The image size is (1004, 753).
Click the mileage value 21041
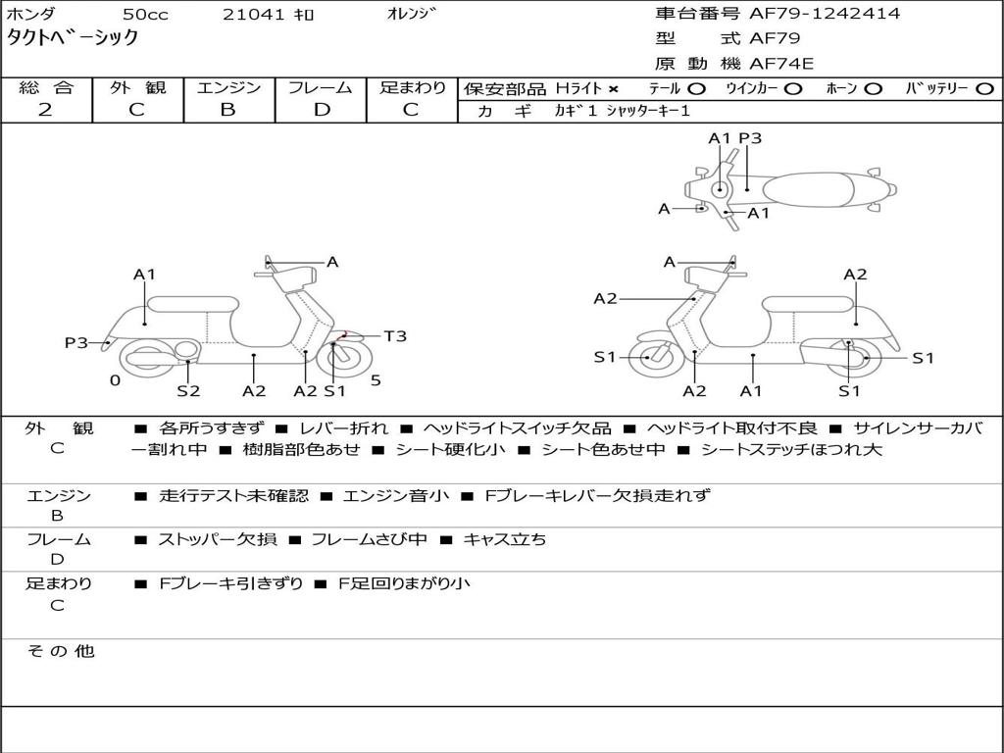253,14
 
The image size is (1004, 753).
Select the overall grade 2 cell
45,110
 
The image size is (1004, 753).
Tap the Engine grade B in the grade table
227,110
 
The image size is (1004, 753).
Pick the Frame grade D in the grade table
321,110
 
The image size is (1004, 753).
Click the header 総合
45,87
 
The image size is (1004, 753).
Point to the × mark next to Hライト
614,89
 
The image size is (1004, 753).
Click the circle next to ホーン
873,89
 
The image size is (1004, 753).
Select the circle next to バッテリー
983,89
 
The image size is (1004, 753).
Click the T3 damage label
394,336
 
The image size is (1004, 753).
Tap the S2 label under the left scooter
188,390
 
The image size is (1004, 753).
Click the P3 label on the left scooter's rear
76,342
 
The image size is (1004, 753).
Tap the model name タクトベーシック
73,38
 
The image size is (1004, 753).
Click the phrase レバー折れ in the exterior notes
343,428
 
